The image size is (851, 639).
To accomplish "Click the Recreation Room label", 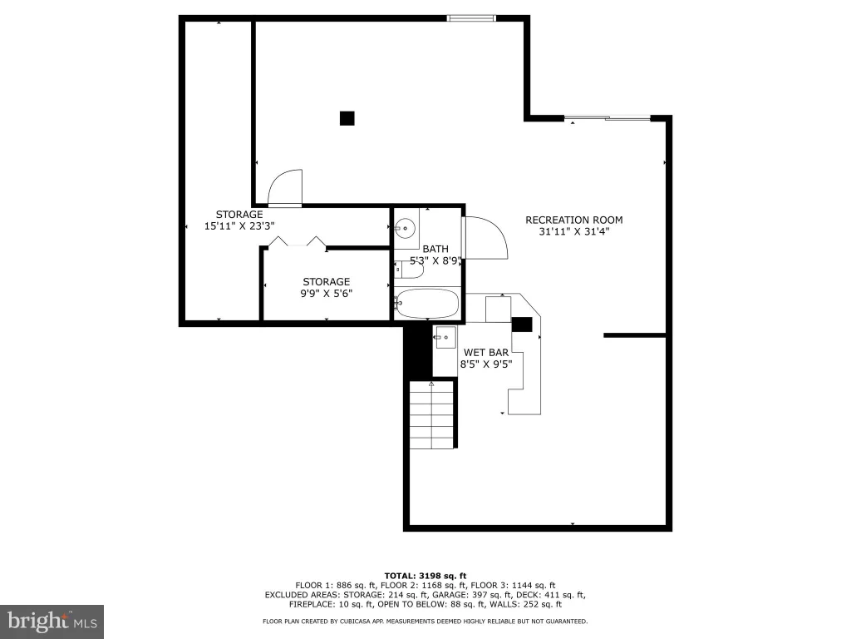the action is pyautogui.click(x=573, y=220).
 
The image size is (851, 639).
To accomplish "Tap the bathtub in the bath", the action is pyautogui.click(x=427, y=303).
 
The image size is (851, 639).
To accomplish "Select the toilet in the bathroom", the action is pyautogui.click(x=408, y=270).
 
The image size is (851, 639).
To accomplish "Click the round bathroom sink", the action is pyautogui.click(x=405, y=228).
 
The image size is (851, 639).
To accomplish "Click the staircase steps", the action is pyautogui.click(x=431, y=414).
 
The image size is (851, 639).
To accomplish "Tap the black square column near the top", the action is pyautogui.click(x=347, y=118).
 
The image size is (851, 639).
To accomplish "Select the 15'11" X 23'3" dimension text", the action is pyautogui.click(x=239, y=226).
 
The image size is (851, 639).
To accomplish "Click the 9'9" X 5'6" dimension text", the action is pyautogui.click(x=326, y=294).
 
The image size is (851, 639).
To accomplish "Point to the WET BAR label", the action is pyautogui.click(x=485, y=353).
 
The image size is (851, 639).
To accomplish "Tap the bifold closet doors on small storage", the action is pyautogui.click(x=298, y=241).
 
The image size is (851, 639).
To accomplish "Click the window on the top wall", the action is pyautogui.click(x=471, y=18).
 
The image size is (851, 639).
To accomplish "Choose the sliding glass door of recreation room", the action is pyautogui.click(x=608, y=117).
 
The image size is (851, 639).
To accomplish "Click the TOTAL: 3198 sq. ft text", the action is pyautogui.click(x=425, y=576).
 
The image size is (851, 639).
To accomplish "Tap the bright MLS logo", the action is pyautogui.click(x=52, y=622).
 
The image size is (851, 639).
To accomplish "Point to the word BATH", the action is pyautogui.click(x=435, y=249).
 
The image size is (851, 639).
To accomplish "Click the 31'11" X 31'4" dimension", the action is pyautogui.click(x=574, y=231).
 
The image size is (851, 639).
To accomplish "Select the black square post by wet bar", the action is pyautogui.click(x=522, y=324).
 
